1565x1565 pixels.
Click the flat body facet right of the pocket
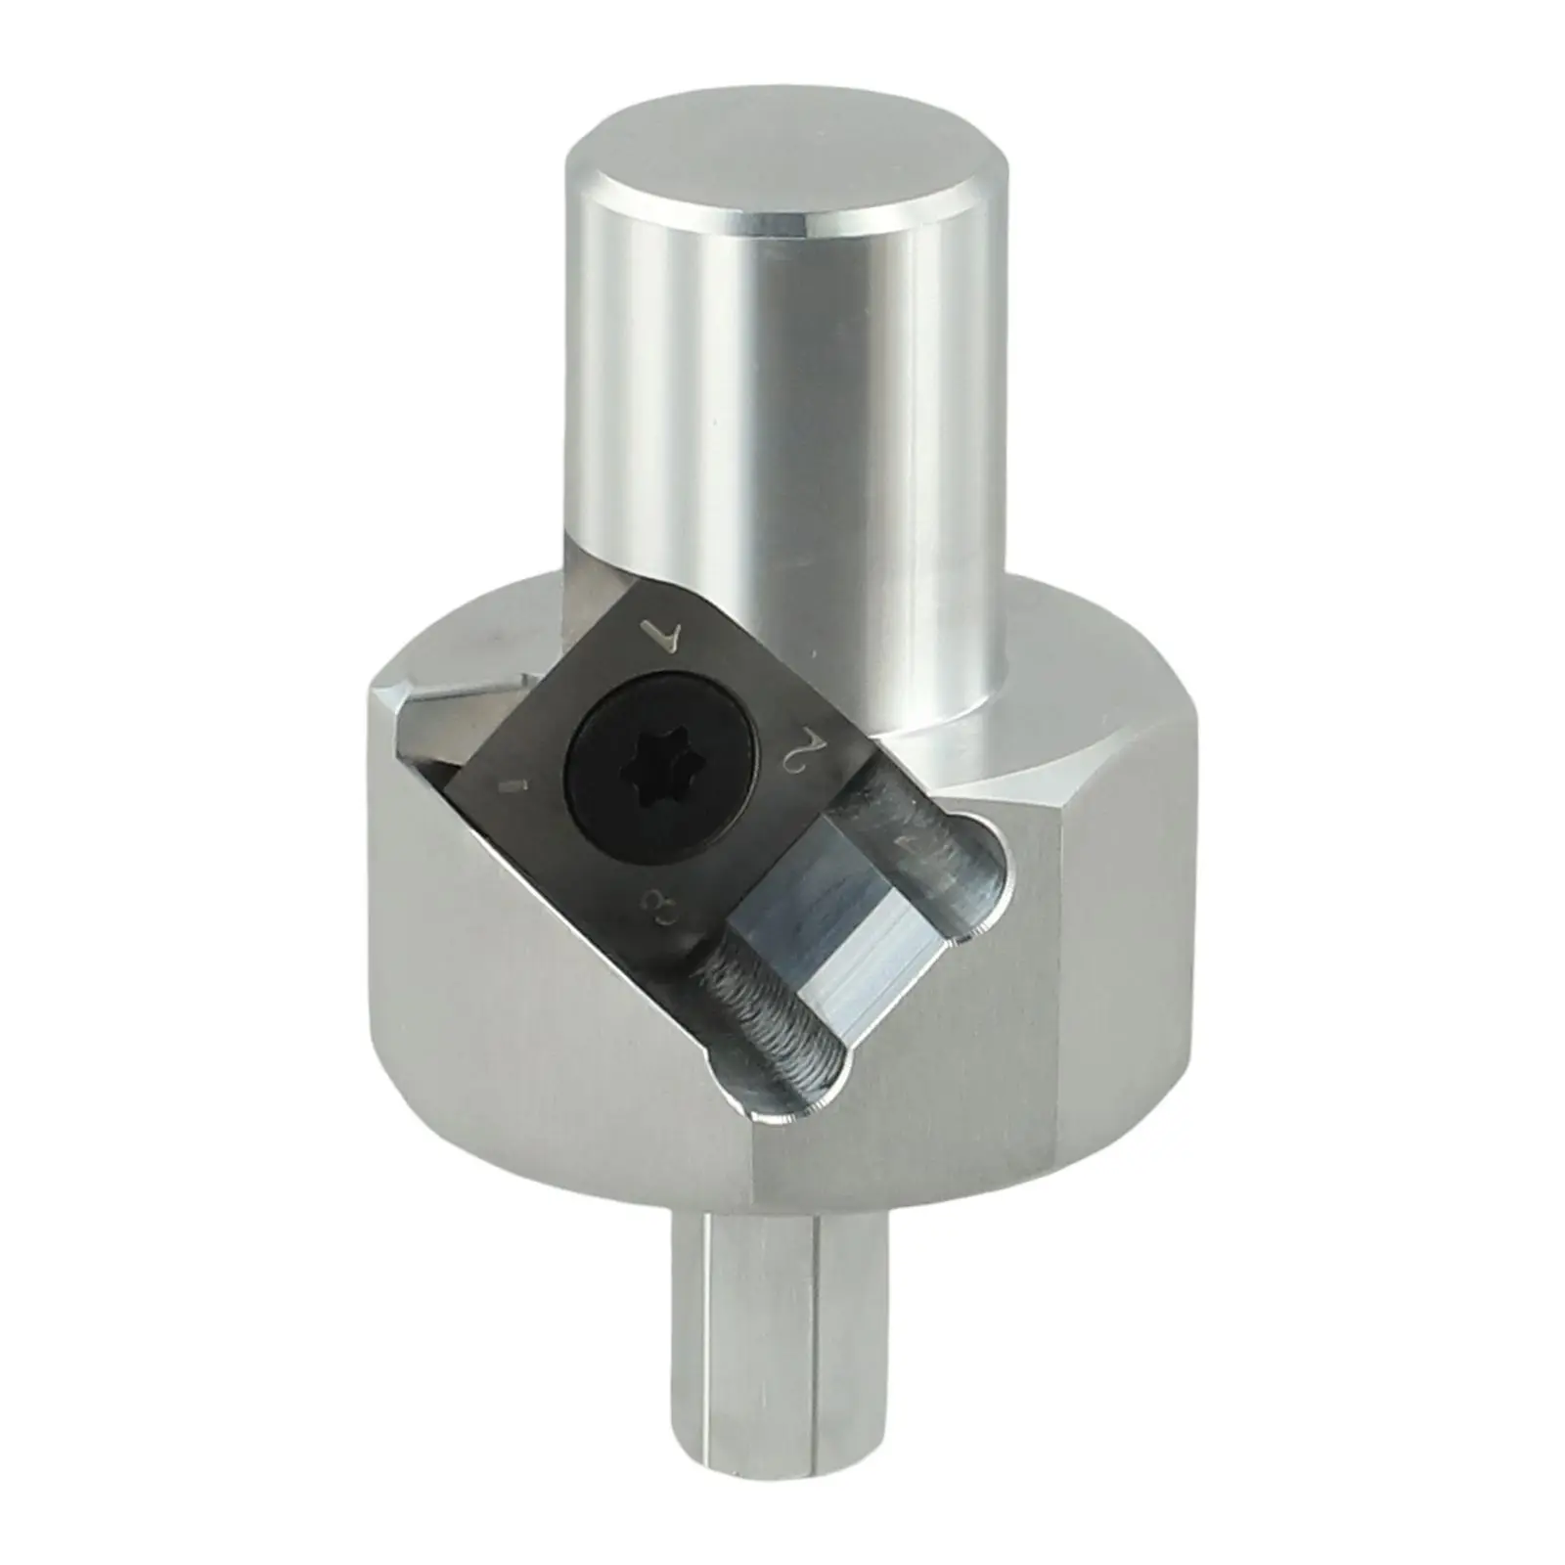tap(978, 1056)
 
